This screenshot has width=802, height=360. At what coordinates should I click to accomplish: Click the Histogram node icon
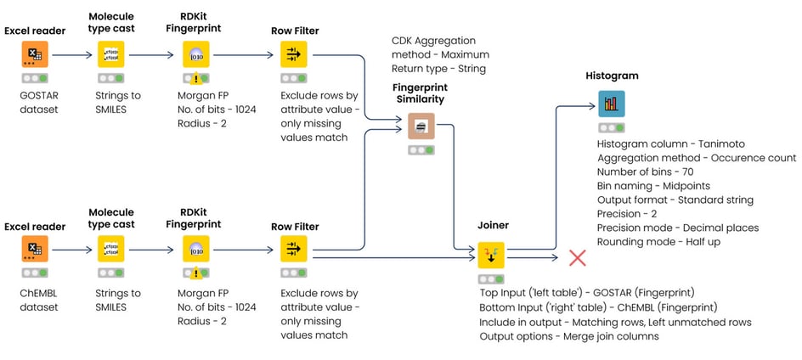point(612,104)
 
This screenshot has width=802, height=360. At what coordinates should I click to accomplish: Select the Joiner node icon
point(491,256)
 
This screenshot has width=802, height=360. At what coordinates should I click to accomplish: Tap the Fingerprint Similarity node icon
point(421,126)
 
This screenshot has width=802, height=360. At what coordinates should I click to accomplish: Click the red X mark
point(578,258)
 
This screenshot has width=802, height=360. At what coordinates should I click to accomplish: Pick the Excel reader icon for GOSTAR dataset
point(35,54)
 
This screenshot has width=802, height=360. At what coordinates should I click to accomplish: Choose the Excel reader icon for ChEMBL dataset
point(35,249)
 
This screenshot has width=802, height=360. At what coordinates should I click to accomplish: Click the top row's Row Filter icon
point(294,54)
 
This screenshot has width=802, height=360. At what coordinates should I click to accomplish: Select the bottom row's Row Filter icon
point(294,249)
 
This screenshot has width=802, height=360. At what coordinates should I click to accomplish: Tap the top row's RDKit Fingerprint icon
point(196,54)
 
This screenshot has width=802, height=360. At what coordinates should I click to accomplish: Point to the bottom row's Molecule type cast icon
point(111,249)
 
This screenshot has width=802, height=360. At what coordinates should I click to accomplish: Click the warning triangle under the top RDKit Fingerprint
point(196,79)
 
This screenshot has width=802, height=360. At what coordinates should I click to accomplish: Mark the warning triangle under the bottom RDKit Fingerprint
point(196,273)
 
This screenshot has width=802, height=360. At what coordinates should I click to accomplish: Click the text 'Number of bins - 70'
point(646,172)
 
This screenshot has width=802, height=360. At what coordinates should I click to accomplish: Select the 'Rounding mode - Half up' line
point(658,242)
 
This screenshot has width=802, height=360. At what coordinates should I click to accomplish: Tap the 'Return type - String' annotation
point(439,69)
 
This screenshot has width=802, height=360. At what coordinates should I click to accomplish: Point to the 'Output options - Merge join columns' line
point(568,336)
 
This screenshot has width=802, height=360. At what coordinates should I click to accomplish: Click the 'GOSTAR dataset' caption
point(31,103)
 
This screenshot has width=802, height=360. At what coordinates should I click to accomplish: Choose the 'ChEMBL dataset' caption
point(33,301)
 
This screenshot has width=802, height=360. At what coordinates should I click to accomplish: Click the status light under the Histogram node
point(612,128)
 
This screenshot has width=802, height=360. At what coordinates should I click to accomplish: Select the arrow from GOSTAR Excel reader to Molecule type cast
point(71,54)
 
